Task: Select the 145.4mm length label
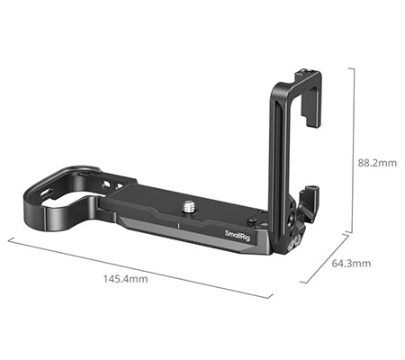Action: pyautogui.click(x=127, y=281)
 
